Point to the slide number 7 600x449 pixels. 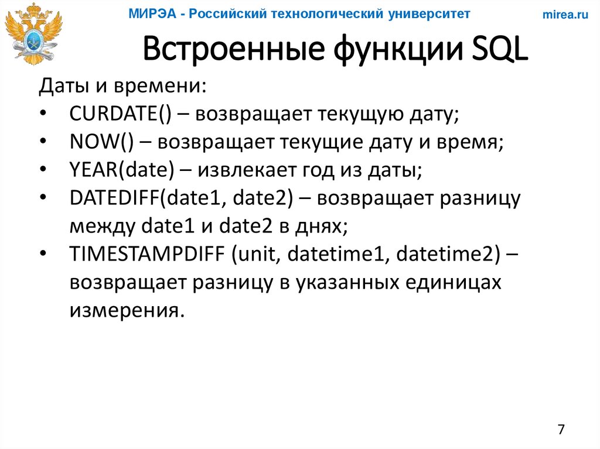coord(561,429)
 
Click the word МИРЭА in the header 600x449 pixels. coord(152,14)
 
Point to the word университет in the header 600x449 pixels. coord(429,14)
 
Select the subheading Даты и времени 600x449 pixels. coord(122,87)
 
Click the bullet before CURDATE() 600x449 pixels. coord(45,114)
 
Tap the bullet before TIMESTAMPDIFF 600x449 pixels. coord(45,255)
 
